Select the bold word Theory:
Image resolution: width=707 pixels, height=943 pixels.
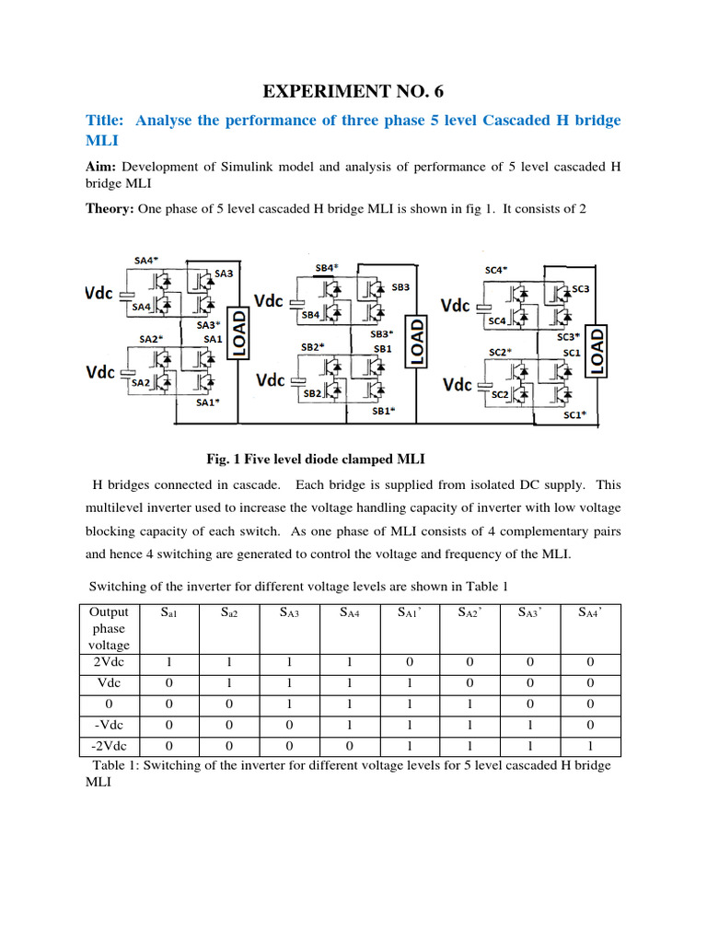(x=110, y=209)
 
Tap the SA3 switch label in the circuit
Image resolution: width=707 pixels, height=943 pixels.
(x=224, y=273)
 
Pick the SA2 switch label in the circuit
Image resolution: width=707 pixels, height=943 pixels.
(x=141, y=381)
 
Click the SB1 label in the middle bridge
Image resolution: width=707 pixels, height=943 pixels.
(x=382, y=349)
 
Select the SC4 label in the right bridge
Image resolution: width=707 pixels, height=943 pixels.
(x=497, y=321)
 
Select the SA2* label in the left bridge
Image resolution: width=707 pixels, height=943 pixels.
(x=151, y=338)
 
